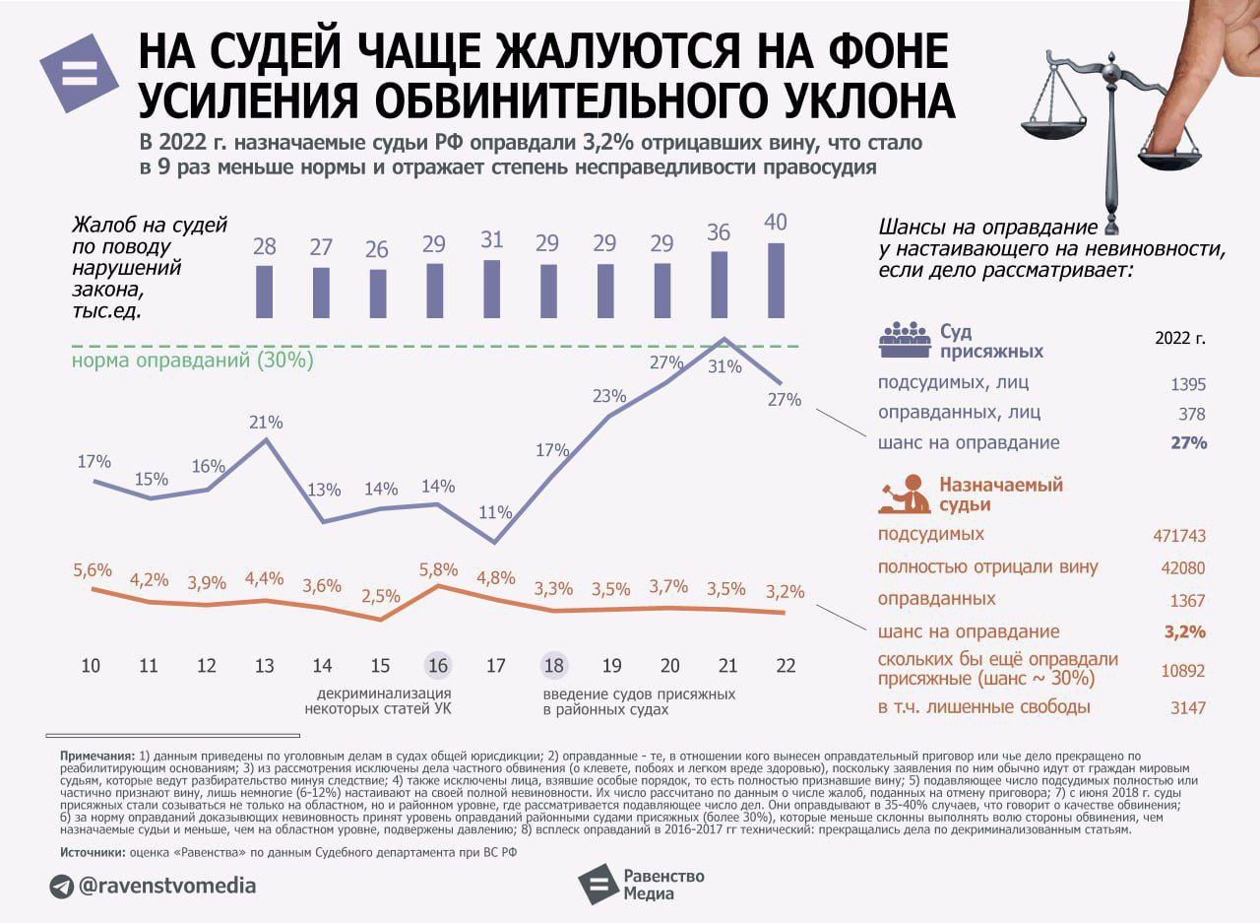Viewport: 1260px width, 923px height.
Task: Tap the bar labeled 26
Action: (378, 294)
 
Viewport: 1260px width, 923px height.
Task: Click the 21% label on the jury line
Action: (266, 423)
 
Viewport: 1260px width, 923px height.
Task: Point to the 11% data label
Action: (496, 512)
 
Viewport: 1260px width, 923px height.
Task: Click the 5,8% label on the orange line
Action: (438, 569)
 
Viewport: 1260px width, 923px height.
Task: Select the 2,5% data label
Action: (381, 596)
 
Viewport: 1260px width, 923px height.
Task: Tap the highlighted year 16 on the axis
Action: (438, 666)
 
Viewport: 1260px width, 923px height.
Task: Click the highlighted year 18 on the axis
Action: (554, 666)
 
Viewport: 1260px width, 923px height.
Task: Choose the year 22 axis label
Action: (785, 666)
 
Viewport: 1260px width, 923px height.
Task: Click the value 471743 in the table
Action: (1178, 536)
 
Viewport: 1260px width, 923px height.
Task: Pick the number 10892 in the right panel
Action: (1182, 671)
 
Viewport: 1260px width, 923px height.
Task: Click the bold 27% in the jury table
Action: (1188, 443)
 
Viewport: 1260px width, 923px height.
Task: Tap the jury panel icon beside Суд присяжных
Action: (904, 340)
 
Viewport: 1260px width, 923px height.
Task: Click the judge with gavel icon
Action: (904, 494)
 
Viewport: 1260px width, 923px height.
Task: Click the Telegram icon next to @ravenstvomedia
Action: (62, 887)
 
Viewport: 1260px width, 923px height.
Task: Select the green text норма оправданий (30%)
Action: (193, 361)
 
